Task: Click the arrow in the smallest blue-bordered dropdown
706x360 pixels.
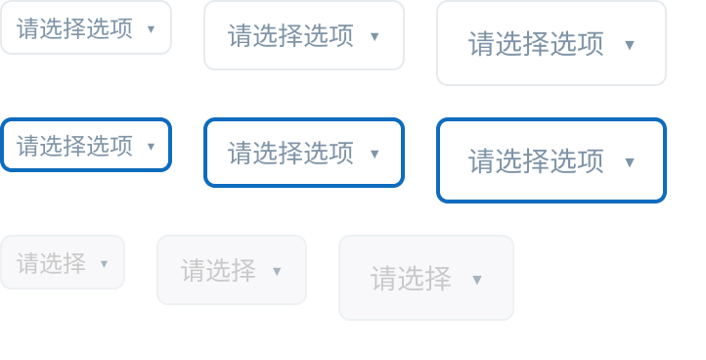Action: pos(152,147)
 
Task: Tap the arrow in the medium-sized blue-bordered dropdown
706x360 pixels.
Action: pos(375,155)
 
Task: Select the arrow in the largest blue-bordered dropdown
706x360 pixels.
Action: pos(630,162)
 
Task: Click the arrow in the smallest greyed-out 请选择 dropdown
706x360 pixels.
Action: pos(104,264)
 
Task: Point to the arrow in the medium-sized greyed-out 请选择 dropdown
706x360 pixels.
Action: pos(277,271)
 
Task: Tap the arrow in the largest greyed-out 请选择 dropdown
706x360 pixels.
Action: pos(477,280)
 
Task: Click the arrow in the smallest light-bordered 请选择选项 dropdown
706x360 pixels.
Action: pos(152,29)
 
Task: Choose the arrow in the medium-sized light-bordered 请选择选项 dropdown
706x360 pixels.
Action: pos(375,36)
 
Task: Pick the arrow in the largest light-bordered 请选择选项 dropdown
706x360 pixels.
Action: pos(630,45)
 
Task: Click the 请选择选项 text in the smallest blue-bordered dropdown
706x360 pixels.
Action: pos(74,146)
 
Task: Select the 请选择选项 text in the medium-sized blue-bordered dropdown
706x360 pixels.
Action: pos(290,153)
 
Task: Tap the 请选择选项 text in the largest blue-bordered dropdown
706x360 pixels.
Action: pos(536,160)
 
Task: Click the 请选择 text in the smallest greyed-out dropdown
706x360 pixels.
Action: pos(51,263)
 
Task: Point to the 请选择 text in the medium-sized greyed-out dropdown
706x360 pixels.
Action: pos(219,270)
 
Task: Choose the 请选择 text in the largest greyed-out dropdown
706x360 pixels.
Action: pos(411,279)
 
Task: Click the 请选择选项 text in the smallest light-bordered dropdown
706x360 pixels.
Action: pos(74,28)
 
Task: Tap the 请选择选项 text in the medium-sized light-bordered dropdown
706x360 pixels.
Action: pos(290,35)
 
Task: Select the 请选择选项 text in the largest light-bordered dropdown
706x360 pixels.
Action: pos(536,44)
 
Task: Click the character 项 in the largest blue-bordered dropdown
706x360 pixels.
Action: pos(591,160)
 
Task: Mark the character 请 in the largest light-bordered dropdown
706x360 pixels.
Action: pos(482,44)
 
